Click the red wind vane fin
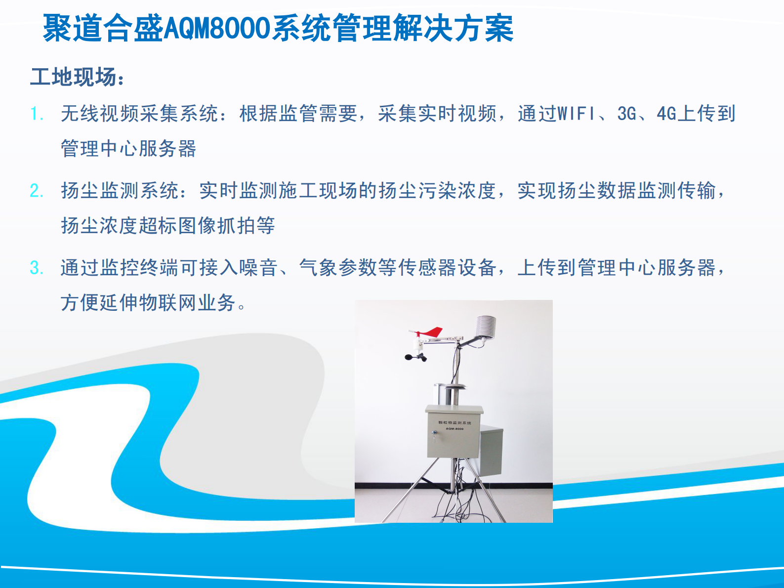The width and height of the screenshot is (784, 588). click(x=433, y=332)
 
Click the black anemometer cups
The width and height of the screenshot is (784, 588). click(x=416, y=357)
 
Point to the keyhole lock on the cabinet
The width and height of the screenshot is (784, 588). click(x=434, y=433)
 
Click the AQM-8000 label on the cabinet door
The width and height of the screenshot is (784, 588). click(x=454, y=428)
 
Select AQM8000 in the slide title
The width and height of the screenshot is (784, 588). click(x=216, y=28)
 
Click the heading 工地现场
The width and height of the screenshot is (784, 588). click(x=74, y=77)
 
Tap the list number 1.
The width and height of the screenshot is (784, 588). click(x=36, y=114)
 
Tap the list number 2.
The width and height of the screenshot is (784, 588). click(x=36, y=191)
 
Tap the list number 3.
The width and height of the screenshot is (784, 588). click(x=36, y=268)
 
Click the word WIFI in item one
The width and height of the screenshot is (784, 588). click(x=576, y=114)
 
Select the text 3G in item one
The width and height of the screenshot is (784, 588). click(x=626, y=114)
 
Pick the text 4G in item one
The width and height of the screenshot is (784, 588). click(x=666, y=114)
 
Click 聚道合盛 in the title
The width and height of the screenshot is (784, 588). click(x=103, y=28)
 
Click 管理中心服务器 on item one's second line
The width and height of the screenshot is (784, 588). click(x=128, y=149)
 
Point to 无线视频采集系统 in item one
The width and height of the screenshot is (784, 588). click(x=139, y=114)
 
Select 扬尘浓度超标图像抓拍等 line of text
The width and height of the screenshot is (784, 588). click(x=168, y=226)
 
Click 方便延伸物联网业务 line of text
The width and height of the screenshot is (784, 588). click(x=148, y=302)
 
